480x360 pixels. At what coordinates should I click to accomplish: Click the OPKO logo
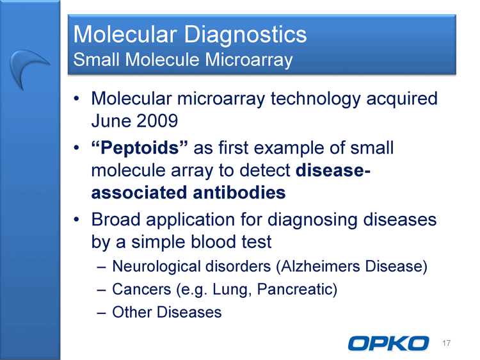(388, 343)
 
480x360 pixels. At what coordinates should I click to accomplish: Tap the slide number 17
(446, 343)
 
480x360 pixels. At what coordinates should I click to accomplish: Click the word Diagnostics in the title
(245, 35)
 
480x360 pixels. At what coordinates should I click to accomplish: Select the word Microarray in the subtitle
(249, 60)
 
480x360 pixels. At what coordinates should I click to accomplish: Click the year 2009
(157, 120)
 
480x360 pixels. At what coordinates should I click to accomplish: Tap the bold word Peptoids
(140, 148)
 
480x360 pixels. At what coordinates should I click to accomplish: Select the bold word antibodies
(239, 192)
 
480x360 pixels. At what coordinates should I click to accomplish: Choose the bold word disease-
(333, 170)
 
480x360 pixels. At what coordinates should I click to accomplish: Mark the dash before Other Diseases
(101, 313)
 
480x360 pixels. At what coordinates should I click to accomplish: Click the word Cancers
(141, 290)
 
